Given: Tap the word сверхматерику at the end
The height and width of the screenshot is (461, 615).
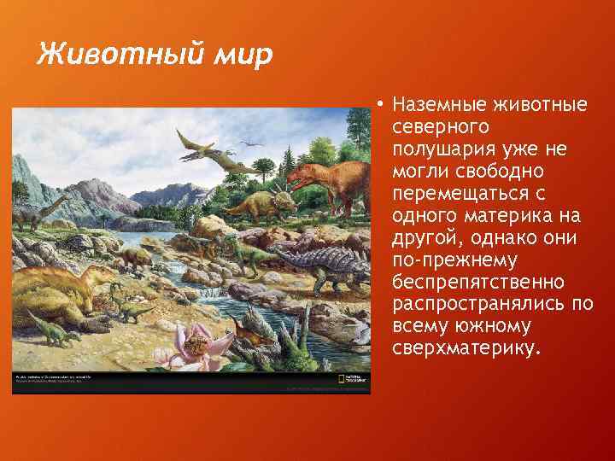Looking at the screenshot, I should (466, 348).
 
